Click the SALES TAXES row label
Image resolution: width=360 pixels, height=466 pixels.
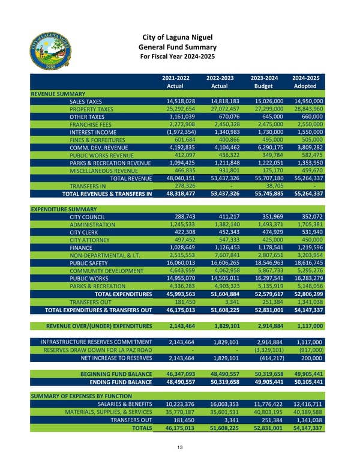pyautogui.click(x=86, y=101)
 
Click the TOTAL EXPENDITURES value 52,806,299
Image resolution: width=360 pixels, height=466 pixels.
pyautogui.click(x=305, y=294)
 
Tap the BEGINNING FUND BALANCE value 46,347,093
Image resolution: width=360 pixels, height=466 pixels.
pyautogui.click(x=175, y=373)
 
